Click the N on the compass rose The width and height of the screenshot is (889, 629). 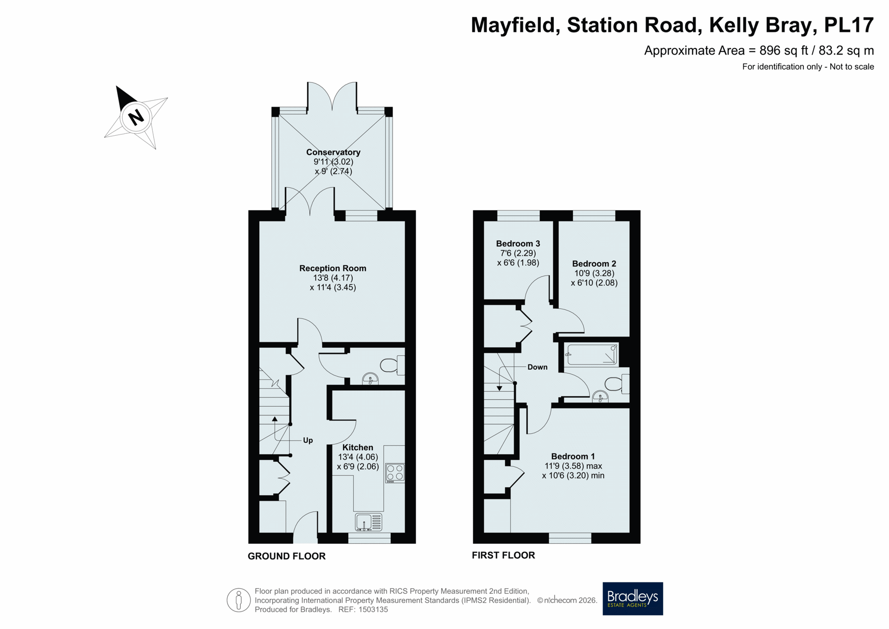coord(136,117)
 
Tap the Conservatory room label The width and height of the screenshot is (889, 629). coord(333,152)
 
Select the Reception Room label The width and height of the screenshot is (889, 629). coord(332,268)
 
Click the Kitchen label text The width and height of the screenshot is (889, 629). coord(357,447)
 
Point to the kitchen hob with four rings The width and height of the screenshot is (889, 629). coord(395,473)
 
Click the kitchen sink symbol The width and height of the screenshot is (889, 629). coord(369,522)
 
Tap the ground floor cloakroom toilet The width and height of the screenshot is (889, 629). coord(392,365)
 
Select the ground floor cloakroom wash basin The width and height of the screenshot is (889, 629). coord(370,379)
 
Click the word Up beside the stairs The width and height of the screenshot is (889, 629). coord(308,440)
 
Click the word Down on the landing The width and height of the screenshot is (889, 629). coord(538,367)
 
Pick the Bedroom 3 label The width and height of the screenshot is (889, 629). coord(518,244)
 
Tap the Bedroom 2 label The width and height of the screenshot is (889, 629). coord(594,264)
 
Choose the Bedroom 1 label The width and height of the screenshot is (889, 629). coord(573,456)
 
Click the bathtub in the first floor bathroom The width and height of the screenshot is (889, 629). coord(592,355)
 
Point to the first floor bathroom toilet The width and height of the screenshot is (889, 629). coord(617,384)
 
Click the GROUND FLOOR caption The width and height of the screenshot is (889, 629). coord(287,556)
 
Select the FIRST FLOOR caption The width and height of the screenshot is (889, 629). coord(503,555)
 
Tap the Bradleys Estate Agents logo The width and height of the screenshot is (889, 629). coord(632,598)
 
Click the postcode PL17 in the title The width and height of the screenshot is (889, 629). coord(849,25)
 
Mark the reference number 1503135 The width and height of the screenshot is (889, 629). coord(373,610)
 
